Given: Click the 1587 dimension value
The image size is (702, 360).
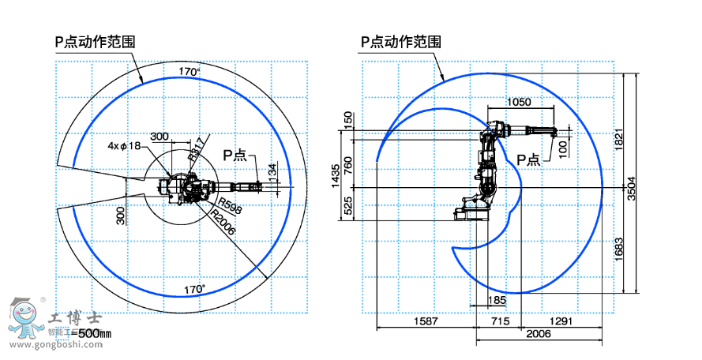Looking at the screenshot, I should (426, 321).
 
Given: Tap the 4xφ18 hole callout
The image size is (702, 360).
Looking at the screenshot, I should (124, 145).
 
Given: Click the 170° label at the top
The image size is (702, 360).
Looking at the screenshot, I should (189, 72).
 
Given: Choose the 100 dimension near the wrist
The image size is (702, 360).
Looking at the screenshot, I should (562, 148).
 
